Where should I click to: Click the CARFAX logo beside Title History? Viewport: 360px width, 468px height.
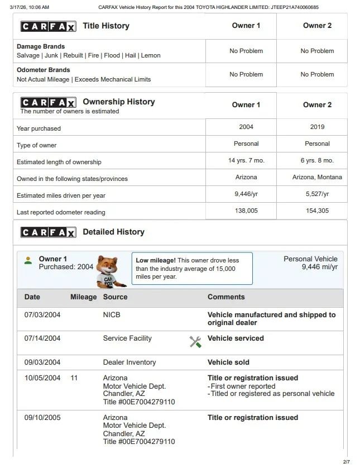point(48,26)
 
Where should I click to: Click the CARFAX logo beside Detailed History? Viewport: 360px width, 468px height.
point(48,232)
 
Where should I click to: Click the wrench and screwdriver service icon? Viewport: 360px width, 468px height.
point(195,342)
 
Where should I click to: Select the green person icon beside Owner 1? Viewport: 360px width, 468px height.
point(28,260)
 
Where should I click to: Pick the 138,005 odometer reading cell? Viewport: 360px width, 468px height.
point(246,211)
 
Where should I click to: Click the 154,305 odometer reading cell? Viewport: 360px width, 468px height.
point(317,211)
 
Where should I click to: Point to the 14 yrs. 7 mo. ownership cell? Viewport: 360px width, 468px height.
point(246,160)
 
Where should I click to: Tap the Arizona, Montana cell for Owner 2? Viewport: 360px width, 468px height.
point(317,177)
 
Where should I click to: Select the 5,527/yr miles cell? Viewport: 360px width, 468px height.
point(317,194)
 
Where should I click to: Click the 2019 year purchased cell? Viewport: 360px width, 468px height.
point(317,127)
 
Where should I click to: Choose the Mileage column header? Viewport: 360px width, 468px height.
point(83,297)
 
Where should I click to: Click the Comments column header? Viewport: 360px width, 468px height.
point(226,297)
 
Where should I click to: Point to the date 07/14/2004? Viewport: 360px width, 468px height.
point(42,338)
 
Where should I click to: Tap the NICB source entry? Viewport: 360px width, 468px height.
point(112,315)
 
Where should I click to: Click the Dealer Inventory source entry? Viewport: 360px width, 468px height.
point(129,362)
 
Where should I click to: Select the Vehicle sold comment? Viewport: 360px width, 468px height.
point(228,362)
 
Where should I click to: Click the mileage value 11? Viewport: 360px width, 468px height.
point(74,378)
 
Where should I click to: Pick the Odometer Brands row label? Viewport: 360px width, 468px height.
point(44,70)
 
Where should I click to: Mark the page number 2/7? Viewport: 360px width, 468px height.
point(346,462)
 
